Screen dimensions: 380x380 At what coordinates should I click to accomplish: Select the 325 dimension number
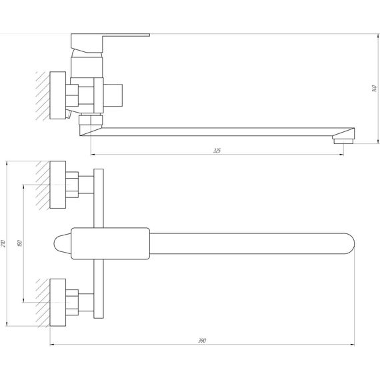[x=217, y=151]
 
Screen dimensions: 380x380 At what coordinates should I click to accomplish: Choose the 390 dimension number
[x=202, y=341]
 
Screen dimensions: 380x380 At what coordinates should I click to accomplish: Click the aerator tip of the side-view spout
[x=343, y=138]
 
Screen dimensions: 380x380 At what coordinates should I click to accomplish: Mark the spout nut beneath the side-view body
[x=89, y=121]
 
